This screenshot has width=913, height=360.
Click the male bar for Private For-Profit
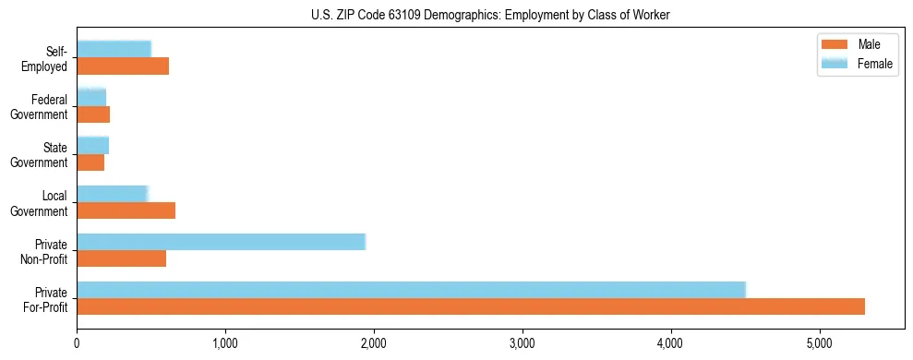pyautogui.click(x=471, y=306)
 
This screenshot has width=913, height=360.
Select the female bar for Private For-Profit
pyautogui.click(x=411, y=289)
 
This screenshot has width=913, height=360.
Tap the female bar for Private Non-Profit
pyautogui.click(x=221, y=242)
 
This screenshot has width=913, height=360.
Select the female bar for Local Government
pyautogui.click(x=112, y=193)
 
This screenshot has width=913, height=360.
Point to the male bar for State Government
pyautogui.click(x=90, y=162)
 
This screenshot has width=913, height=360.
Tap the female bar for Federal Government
pyautogui.click(x=91, y=97)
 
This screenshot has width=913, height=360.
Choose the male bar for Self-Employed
pyautogui.click(x=123, y=66)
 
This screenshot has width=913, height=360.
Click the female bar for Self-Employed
pyautogui.click(x=114, y=49)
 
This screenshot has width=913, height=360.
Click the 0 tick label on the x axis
pyautogui.click(x=77, y=343)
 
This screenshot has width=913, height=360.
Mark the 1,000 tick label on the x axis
pyautogui.click(x=225, y=343)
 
